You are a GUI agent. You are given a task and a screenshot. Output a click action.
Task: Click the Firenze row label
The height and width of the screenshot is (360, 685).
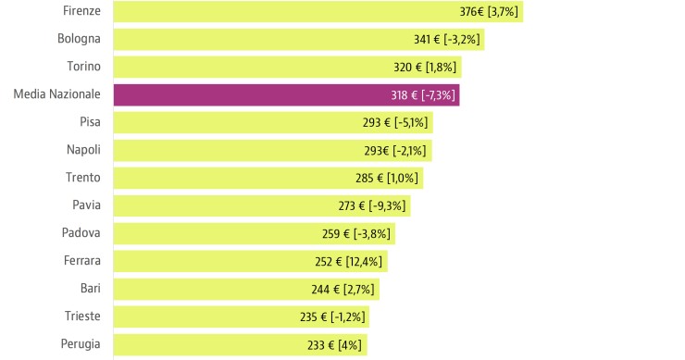pos(81,11)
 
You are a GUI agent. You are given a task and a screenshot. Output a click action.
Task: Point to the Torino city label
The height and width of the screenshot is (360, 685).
pos(83,67)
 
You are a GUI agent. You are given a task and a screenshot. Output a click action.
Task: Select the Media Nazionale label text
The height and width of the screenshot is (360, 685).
pos(56,94)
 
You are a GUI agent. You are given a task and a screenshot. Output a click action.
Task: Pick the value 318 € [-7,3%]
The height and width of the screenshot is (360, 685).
pos(423,95)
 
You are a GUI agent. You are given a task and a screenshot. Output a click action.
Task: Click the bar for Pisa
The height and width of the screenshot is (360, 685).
pos(231,122)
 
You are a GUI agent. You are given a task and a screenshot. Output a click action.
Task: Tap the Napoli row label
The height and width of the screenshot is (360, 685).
pos(83,150)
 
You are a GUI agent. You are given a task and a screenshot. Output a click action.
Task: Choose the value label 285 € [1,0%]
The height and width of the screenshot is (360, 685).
pos(386,179)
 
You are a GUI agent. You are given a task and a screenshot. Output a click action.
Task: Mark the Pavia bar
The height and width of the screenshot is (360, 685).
pos(222,205)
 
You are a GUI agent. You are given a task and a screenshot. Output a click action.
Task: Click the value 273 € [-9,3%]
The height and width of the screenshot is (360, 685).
pos(372,206)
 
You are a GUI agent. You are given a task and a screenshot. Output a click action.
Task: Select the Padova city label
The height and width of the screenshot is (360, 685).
pos(81,233)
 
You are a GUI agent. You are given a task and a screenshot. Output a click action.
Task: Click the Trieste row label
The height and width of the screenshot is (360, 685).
pos(81,317)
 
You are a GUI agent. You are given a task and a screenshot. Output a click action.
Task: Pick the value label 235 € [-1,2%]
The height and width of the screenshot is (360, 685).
pos(332,317)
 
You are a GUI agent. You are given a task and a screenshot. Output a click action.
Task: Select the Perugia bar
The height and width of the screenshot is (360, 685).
pos(204,344)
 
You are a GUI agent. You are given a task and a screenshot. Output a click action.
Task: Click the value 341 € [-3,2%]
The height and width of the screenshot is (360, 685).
pos(448,40)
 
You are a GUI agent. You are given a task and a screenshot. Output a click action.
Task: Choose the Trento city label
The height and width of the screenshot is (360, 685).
pos(82,178)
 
